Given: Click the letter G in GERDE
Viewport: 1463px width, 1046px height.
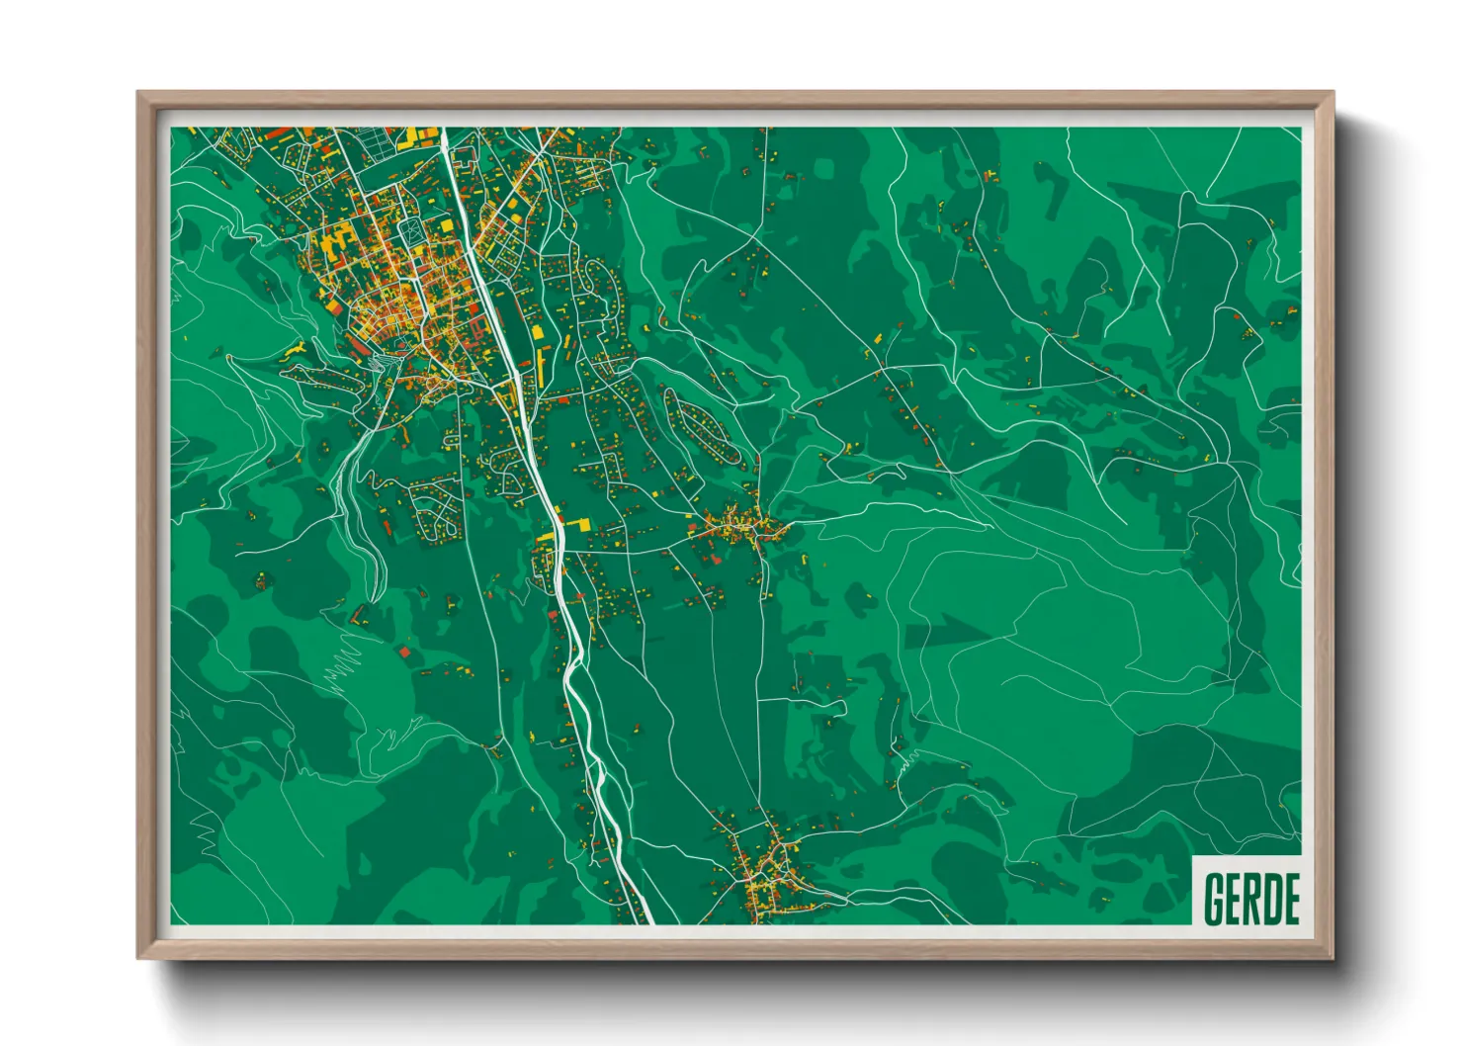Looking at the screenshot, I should click(1214, 900).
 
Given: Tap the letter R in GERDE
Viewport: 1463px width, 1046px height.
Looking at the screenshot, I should click(1250, 900).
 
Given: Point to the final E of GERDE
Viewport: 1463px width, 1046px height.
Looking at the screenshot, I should click(1289, 900).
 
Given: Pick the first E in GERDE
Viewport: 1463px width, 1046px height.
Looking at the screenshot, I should click(1233, 900).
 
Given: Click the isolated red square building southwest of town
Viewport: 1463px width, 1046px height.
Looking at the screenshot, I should click(407, 653).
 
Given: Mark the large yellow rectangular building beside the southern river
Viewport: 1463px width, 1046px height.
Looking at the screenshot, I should click(574, 523).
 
